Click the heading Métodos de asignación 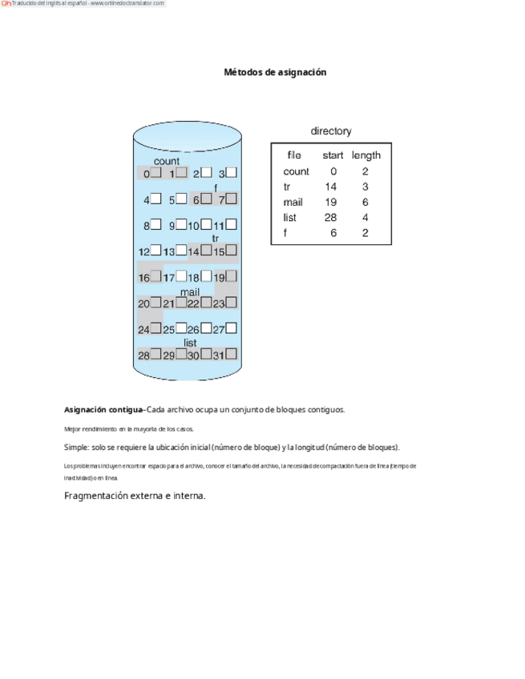275,72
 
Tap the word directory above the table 330,131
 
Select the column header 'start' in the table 333,155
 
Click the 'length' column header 366,155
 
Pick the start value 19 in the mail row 331,203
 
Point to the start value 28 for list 331,218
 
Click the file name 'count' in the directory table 296,171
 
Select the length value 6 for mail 365,203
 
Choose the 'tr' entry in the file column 287,187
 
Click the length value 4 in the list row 365,218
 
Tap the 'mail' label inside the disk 190,292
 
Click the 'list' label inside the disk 190,343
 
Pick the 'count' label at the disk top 167,161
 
